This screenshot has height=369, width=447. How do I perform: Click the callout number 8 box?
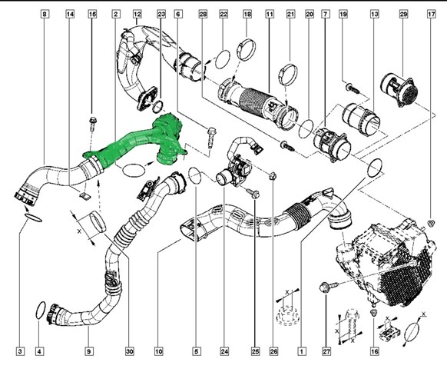tap(45, 14)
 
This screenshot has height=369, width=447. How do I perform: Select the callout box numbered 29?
tap(403, 14)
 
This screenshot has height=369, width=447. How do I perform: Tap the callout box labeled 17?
tap(432, 14)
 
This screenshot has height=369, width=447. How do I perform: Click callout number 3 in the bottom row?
tap(20, 351)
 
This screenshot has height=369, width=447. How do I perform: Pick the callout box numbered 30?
tap(130, 351)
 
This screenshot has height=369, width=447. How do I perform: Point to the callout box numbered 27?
tap(326, 351)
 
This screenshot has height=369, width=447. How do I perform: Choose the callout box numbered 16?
tap(375, 351)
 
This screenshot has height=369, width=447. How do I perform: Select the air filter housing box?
tap(385, 263)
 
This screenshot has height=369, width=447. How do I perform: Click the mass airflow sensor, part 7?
tap(332, 144)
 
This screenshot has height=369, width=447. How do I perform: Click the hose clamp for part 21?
tap(288, 75)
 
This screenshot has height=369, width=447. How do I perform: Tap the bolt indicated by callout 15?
tap(92, 123)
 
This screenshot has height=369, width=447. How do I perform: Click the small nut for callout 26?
tap(272, 177)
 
